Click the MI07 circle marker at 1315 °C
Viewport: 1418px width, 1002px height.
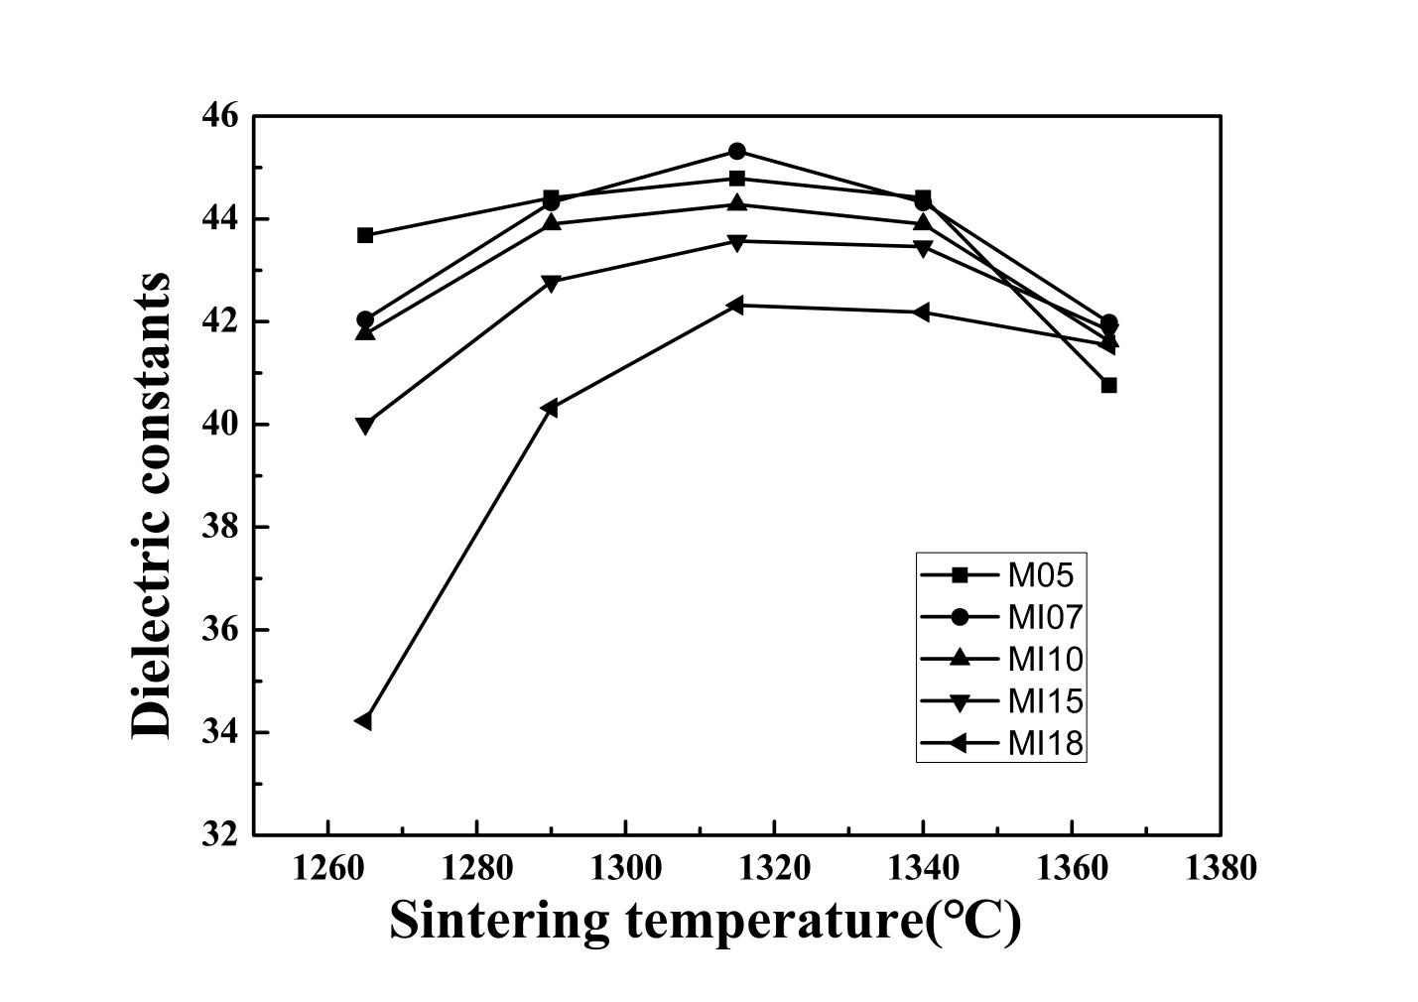pyautogui.click(x=737, y=152)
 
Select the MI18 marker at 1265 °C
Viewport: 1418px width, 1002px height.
pyautogui.click(x=364, y=721)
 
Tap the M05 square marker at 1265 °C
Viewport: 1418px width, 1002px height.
pyautogui.click(x=365, y=235)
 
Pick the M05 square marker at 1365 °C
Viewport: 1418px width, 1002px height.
pyautogui.click(x=1108, y=385)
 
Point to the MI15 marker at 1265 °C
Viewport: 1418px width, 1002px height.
pyautogui.click(x=365, y=426)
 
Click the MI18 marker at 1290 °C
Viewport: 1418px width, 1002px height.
pyautogui.click(x=551, y=408)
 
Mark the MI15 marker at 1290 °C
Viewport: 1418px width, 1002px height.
pyautogui.click(x=551, y=283)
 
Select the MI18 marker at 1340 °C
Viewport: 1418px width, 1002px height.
pyautogui.click(x=922, y=313)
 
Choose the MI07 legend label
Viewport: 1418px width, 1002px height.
pyautogui.click(x=1044, y=617)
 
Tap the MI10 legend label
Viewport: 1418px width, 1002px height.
pyautogui.click(x=1044, y=659)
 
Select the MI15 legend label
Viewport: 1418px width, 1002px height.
pyautogui.click(x=1044, y=701)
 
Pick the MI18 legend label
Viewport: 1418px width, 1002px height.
pyautogui.click(x=1044, y=743)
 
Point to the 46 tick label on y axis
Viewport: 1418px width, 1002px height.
pyautogui.click(x=220, y=116)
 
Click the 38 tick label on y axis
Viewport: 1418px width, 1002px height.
pyautogui.click(x=220, y=527)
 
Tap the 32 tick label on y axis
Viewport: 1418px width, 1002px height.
pyautogui.click(x=220, y=834)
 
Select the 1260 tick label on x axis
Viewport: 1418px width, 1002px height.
pyautogui.click(x=327, y=868)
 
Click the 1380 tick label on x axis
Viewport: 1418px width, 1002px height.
pyautogui.click(x=1220, y=868)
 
